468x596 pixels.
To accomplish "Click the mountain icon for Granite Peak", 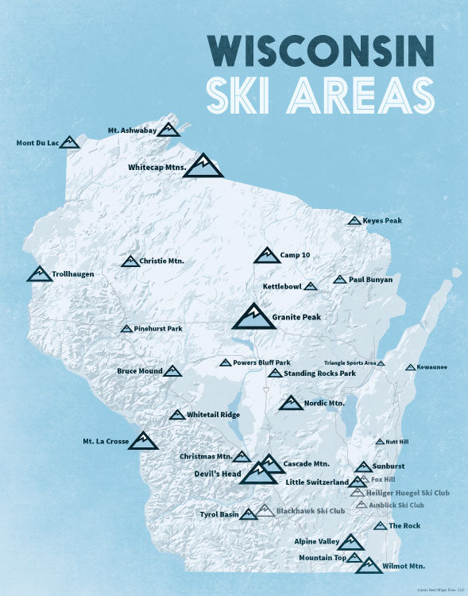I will pos(253,316).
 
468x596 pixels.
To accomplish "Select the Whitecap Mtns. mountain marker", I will pos(203,165).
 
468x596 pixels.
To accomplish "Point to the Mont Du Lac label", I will pos(37,144).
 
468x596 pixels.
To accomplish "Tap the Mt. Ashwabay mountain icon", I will pos(168,130).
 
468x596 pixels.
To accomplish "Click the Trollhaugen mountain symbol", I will pos(39,274).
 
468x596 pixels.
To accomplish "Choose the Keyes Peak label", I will pos(380,220).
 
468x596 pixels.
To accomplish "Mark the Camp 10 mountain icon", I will pos(267,255).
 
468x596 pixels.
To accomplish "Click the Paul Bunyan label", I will pos(370,280).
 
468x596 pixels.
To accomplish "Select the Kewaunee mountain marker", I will pos(410,367).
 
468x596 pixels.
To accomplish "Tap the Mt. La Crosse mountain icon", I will pos(143,440).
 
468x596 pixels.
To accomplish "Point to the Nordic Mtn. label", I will pos(324,404).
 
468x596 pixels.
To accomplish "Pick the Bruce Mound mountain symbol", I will pos(172,371).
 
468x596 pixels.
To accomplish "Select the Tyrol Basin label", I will pos(219,515).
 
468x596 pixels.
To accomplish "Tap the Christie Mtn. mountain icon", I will pos(130,261).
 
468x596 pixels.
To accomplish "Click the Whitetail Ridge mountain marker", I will pos(177,415).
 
